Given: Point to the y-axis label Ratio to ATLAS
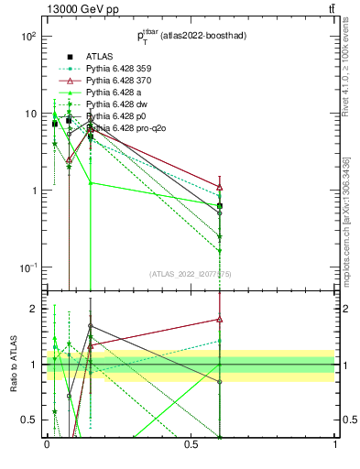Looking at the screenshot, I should [x=14, y=365].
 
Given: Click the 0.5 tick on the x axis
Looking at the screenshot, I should [x=191, y=444].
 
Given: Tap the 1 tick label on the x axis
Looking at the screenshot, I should [x=335, y=444].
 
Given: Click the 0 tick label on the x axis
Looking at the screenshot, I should [x=47, y=444].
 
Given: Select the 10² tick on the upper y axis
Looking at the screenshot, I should [x=29, y=37].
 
